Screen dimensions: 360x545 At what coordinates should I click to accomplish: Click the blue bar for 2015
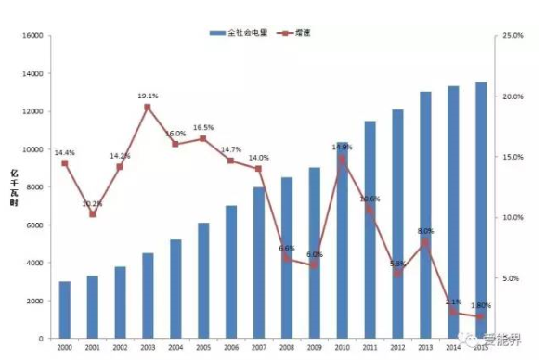click(x=481, y=210)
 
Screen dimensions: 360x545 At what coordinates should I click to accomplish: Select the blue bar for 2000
click(x=64, y=310)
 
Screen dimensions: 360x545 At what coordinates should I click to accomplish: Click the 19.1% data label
click(x=148, y=96)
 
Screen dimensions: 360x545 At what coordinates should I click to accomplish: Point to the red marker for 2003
click(x=148, y=107)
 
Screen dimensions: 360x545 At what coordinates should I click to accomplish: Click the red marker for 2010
click(x=342, y=159)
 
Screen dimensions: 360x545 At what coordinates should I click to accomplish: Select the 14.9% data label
click(x=342, y=147)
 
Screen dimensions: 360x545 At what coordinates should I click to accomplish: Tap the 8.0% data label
click(x=426, y=231)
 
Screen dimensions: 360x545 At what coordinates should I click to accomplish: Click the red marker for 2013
click(x=425, y=243)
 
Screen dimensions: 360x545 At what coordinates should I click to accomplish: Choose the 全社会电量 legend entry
click(x=239, y=32)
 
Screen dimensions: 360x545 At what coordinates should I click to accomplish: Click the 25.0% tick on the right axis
click(x=513, y=35)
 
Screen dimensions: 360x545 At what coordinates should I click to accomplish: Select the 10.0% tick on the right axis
click(x=513, y=217)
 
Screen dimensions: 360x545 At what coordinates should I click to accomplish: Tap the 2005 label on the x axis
click(x=203, y=347)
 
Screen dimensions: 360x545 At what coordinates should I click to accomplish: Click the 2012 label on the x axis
click(x=397, y=347)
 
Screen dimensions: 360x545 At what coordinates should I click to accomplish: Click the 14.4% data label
click(x=64, y=152)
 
